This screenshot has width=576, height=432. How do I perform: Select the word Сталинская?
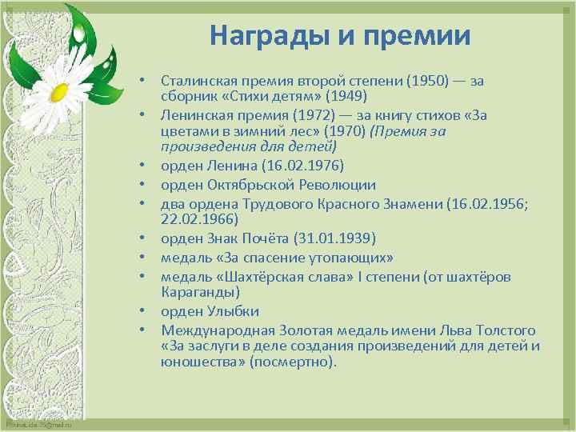point(198,81)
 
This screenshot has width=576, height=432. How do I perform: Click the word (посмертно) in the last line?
point(294,362)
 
